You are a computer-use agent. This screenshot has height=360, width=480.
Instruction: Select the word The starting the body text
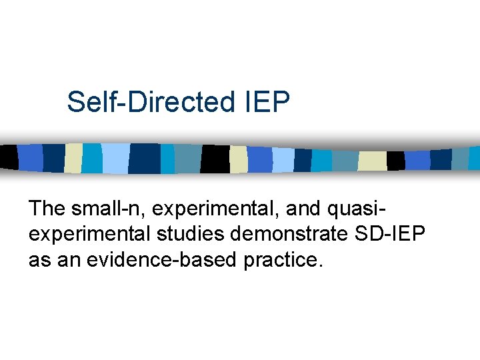pyautogui.click(x=47, y=209)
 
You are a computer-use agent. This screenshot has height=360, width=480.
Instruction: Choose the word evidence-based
pyautogui.click(x=153, y=260)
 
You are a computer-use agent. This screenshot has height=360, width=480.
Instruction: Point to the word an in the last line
pyautogui.click(x=67, y=260)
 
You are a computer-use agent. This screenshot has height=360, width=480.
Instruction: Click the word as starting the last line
pyautogui.click(x=39, y=260)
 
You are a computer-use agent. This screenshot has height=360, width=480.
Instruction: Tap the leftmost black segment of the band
pyautogui.click(x=8, y=156)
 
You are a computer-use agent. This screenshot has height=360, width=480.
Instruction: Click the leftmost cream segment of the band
pyautogui.click(x=73, y=157)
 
